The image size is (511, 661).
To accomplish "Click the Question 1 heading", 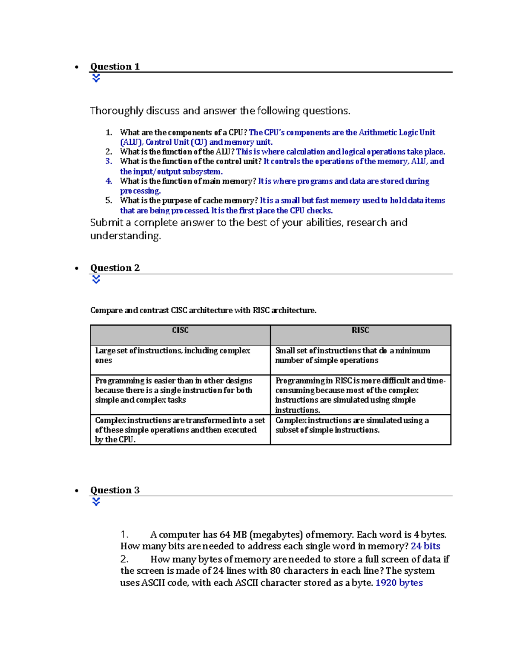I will [115, 66].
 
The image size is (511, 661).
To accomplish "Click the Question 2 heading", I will [115, 268].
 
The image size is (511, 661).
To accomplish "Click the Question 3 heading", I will [115, 490].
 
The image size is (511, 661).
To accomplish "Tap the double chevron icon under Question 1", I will [96, 78].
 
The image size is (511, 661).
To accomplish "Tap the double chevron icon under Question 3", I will [96, 502].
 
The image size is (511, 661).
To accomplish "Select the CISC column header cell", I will [180, 335].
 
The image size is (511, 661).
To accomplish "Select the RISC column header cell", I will [360, 335].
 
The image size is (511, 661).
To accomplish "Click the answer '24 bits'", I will [425, 546].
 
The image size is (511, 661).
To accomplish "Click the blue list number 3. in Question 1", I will [109, 161].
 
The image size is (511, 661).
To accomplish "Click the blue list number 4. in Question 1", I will [109, 181].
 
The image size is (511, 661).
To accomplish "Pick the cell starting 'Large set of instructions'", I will [180, 359].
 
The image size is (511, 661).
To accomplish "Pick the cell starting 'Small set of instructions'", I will [360, 359].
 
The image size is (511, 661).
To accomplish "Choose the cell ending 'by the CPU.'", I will [180, 429].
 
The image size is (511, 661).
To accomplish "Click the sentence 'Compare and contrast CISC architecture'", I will [203, 310].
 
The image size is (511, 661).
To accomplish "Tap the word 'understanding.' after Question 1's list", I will [126, 236].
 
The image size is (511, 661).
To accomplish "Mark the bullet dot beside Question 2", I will [77, 269].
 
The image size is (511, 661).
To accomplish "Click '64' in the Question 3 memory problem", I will [225, 535].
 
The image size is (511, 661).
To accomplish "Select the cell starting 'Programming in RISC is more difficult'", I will [360, 395].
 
